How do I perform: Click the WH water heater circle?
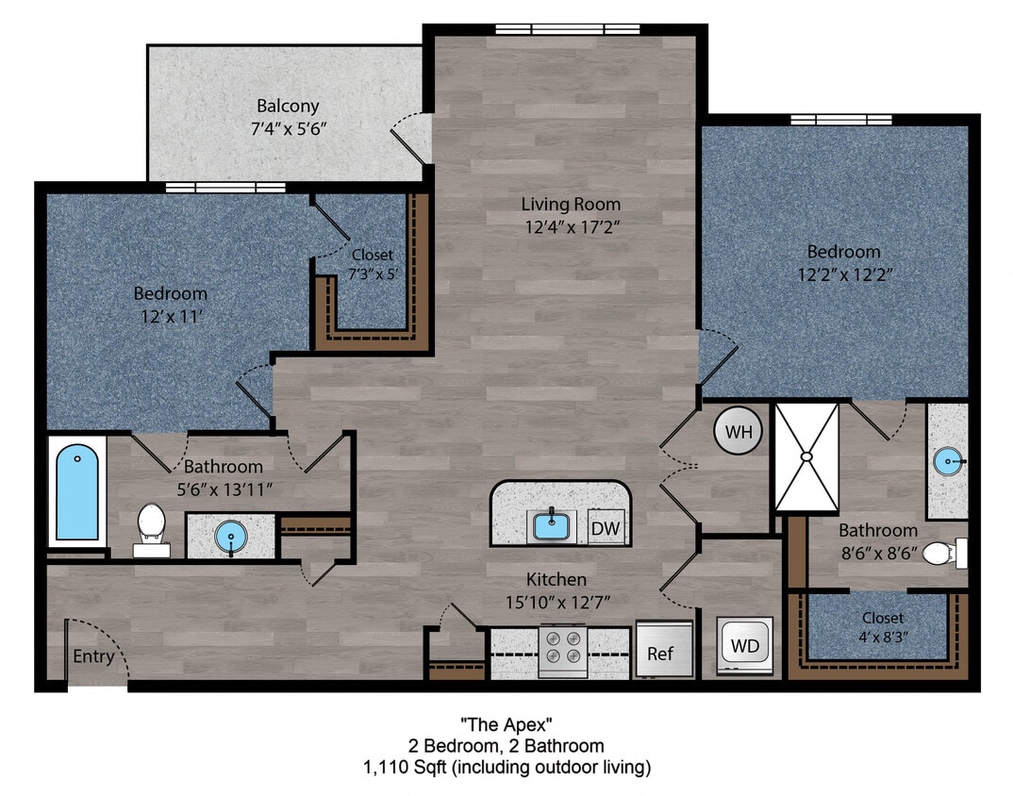739,433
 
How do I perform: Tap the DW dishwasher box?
606,529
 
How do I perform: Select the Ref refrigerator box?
660,653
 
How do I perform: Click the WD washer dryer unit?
745,647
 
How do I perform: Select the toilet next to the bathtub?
151,526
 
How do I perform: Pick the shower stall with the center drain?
805,456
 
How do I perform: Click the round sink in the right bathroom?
949,462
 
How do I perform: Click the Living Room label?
571,204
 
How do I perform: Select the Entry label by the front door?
93,656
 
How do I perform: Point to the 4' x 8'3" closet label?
882,626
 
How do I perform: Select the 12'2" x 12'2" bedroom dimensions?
843,274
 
